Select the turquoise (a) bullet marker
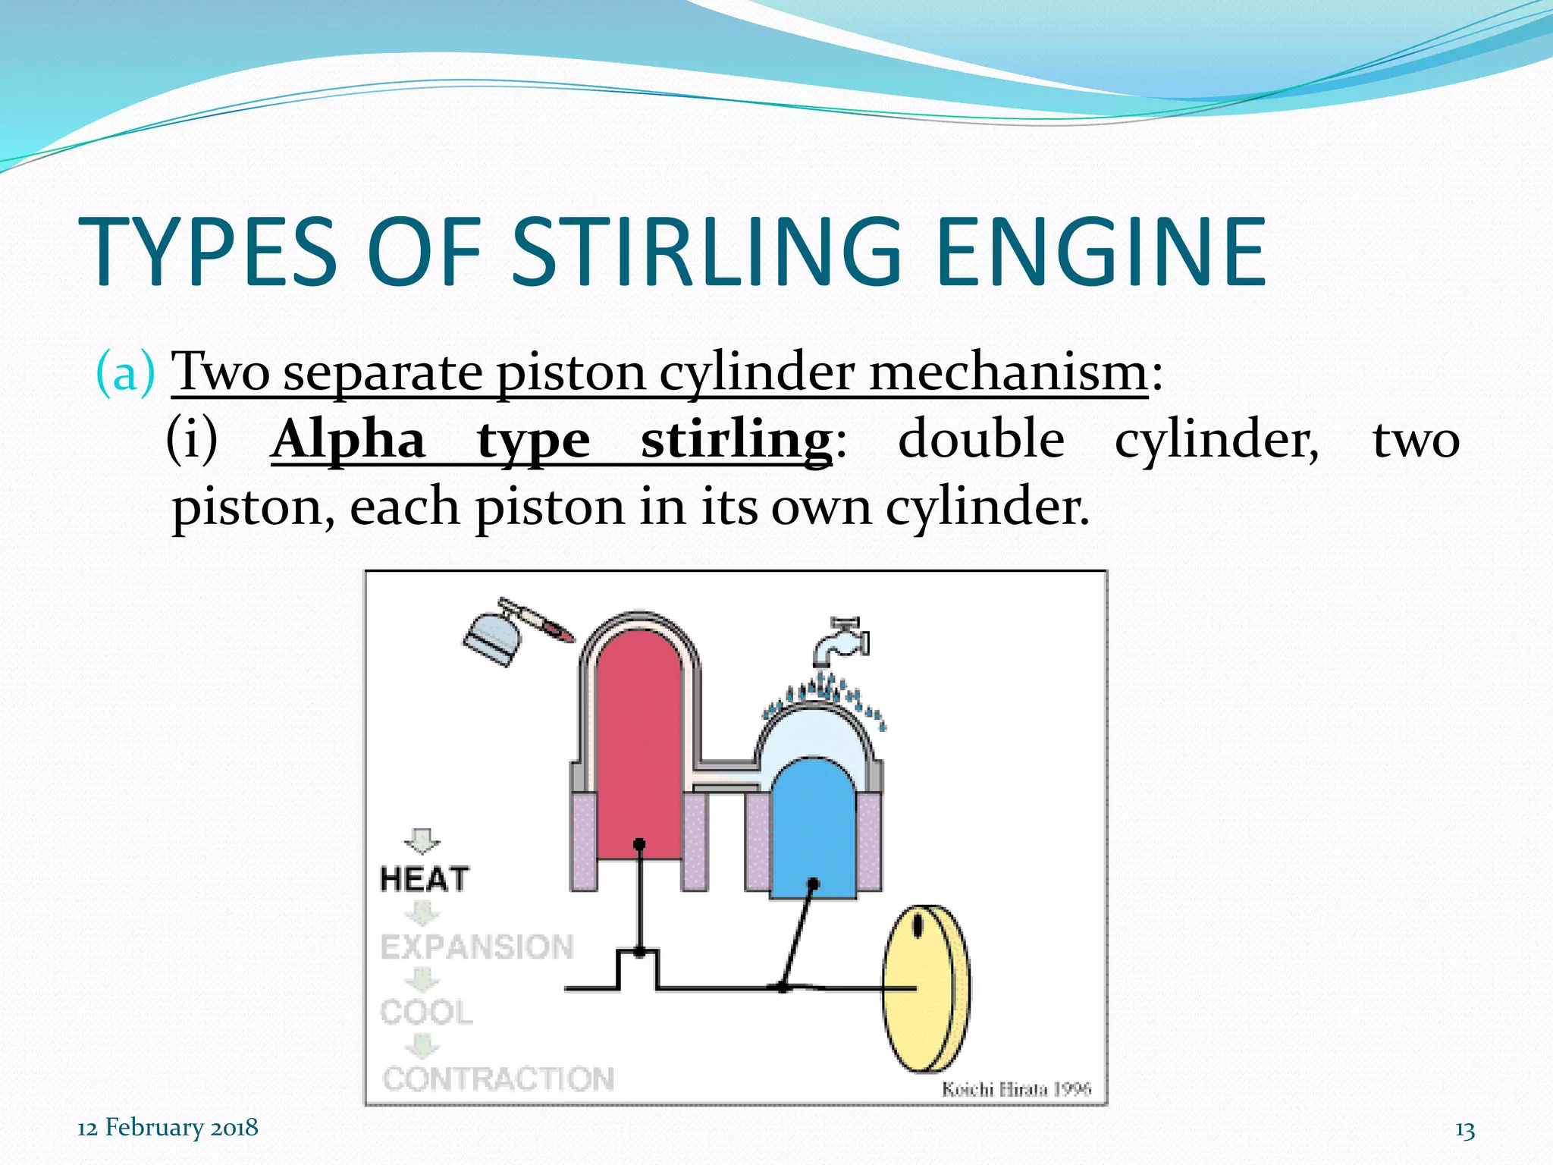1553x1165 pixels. coord(125,372)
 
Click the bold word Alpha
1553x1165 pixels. coord(348,440)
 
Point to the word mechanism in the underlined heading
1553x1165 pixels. coord(1008,372)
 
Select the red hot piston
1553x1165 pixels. coord(638,751)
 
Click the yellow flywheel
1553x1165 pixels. coord(924,988)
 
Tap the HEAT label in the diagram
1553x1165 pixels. coord(425,879)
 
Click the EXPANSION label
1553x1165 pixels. coord(477,947)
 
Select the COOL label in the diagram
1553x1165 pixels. coord(426,1012)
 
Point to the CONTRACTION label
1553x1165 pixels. coord(498,1079)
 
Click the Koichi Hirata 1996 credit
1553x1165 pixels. coord(1016,1089)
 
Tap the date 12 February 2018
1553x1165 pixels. coord(168,1128)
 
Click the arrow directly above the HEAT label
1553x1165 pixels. coord(422,840)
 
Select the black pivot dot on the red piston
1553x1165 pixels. coord(639,844)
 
